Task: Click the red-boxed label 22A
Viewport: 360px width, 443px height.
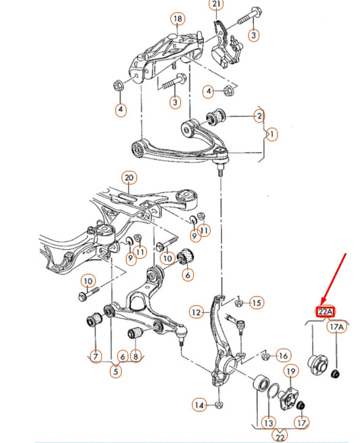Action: tap(326, 311)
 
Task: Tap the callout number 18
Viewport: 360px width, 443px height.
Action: tap(178, 19)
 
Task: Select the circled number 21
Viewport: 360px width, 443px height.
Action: tap(216, 4)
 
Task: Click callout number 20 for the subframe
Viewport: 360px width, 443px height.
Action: tap(129, 178)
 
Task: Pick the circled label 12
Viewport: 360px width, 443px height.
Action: tap(197, 312)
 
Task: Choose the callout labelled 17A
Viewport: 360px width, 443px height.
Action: tap(336, 327)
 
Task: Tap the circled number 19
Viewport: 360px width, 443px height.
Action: tap(291, 371)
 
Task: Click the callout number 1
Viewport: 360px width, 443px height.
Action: tap(272, 134)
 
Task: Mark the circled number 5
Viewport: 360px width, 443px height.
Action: tap(115, 371)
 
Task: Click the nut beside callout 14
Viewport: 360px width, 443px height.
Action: tap(218, 405)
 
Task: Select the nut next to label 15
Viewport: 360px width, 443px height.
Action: tap(239, 303)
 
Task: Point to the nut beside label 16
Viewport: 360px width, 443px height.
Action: tap(265, 357)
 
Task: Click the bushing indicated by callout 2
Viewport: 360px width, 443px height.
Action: tap(216, 116)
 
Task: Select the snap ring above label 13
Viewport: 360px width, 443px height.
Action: tap(273, 390)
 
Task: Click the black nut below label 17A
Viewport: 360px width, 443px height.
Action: tap(335, 374)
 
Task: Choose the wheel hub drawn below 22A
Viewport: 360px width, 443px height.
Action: tap(317, 365)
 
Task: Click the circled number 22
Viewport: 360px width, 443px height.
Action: tap(280, 434)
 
